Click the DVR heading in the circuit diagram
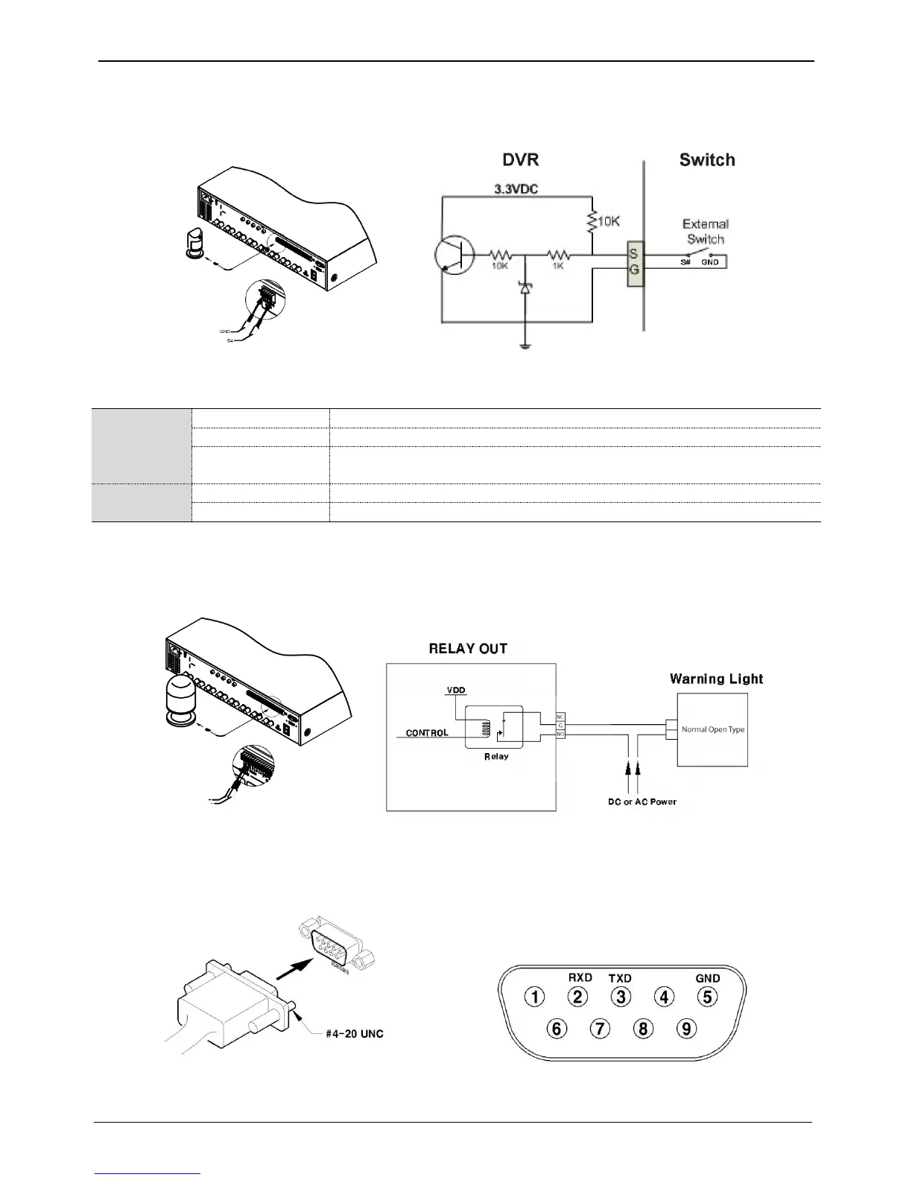pyautogui.click(x=520, y=160)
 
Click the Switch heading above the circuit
pyautogui.click(x=706, y=160)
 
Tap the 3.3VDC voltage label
pyautogui.click(x=516, y=189)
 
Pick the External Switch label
pyautogui.click(x=705, y=231)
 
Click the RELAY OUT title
pyautogui.click(x=468, y=649)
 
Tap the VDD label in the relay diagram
pyautogui.click(x=456, y=691)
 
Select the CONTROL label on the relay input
pyautogui.click(x=427, y=733)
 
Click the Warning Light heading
pyautogui.click(x=716, y=679)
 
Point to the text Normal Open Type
pyautogui.click(x=713, y=729)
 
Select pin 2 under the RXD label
pyautogui.click(x=577, y=997)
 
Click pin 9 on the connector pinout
pyautogui.click(x=685, y=1029)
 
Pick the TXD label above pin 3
pyautogui.click(x=620, y=978)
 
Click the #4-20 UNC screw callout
pyautogui.click(x=354, y=1034)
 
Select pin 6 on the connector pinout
pyautogui.click(x=557, y=1029)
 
